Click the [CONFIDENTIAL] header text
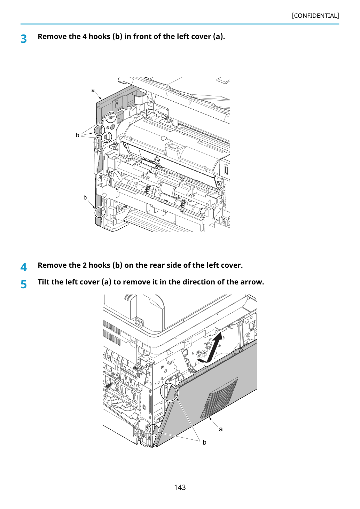pyautogui.click(x=315, y=16)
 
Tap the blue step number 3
pyautogui.click(x=24, y=39)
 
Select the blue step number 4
pyautogui.click(x=24, y=267)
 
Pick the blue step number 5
pyautogui.click(x=24, y=284)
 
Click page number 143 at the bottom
pyautogui.click(x=180, y=487)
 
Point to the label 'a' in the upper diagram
pyautogui.click(x=93, y=90)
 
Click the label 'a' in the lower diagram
pyautogui.click(x=221, y=429)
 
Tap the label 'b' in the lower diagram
pyautogui.click(x=204, y=442)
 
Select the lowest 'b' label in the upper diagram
pyautogui.click(x=85, y=197)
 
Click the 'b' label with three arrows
pyautogui.click(x=78, y=135)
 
